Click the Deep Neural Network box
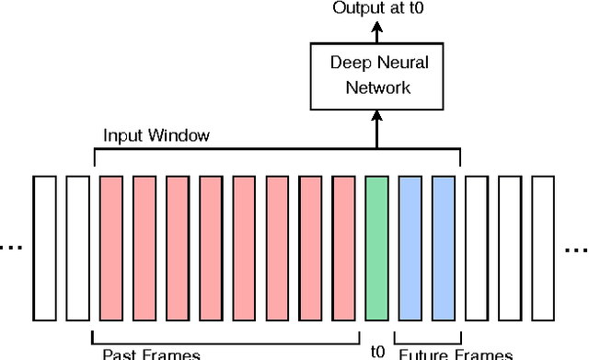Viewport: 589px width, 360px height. (375, 75)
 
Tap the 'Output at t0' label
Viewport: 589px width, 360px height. (375, 9)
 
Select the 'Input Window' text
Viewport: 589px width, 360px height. (156, 135)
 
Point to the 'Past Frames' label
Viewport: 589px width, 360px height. (151, 353)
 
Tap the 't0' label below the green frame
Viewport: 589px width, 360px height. (377, 352)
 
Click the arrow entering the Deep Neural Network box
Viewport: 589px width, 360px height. (375, 124)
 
